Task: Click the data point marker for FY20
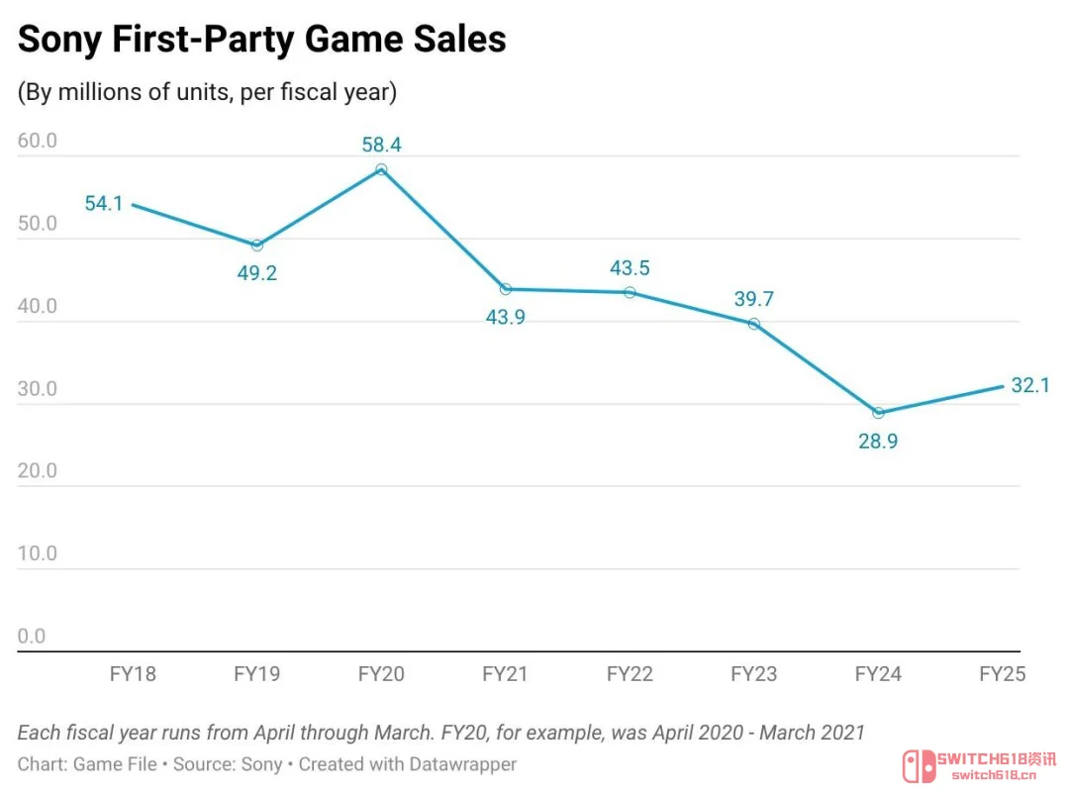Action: tap(381, 169)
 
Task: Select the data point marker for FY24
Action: tap(878, 413)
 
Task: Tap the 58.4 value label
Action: tap(381, 145)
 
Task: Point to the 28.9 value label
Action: tap(878, 442)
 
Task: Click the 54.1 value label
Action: tap(104, 203)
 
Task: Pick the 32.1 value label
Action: tap(1030, 385)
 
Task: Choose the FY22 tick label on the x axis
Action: tap(630, 673)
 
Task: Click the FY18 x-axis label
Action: tap(133, 673)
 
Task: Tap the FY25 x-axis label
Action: tap(1002, 673)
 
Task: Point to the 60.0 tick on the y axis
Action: tap(38, 141)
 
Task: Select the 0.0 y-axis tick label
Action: tap(32, 636)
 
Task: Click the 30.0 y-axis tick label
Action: tap(38, 388)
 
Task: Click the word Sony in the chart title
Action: tap(60, 40)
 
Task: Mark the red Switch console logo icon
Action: tap(919, 766)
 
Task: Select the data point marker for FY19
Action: tap(257, 245)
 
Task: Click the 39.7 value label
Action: tap(754, 299)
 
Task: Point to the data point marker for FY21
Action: tap(505, 289)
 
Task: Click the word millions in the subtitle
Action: tap(100, 92)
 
